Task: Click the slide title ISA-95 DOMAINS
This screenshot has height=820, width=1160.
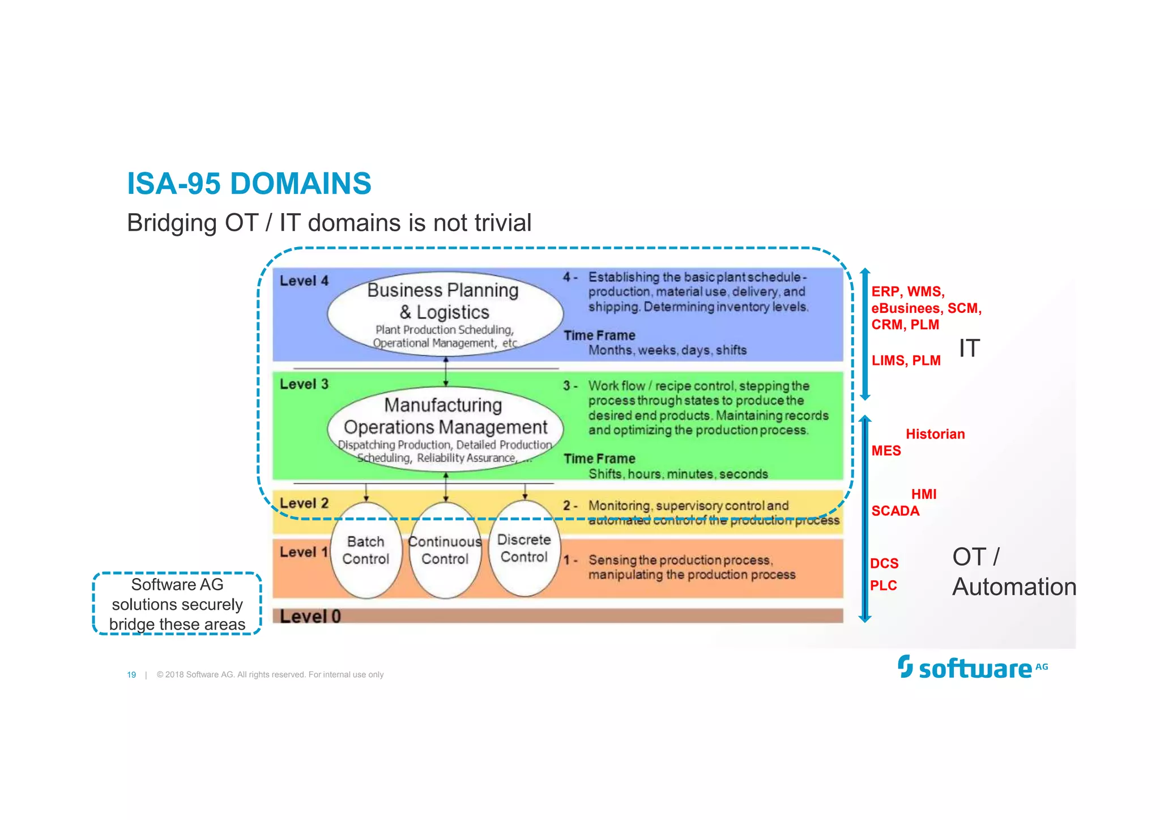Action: coord(249,184)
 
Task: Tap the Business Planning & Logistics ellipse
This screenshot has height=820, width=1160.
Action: coord(444,313)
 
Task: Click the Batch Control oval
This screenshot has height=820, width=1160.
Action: coord(365,550)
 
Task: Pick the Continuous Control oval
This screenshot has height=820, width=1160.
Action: coord(445,550)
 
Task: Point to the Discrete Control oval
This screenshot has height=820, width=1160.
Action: coord(524,548)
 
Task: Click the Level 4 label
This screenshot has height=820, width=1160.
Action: coord(304,281)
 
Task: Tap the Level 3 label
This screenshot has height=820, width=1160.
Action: coord(304,384)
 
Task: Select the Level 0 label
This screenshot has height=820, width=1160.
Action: coord(310,616)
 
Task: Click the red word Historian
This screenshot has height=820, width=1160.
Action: coord(935,434)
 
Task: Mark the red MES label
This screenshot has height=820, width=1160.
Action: coord(886,451)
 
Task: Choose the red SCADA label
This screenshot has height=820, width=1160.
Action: coord(895,511)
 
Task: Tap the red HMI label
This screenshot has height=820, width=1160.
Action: coord(923,494)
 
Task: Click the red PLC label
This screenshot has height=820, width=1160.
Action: coord(884,585)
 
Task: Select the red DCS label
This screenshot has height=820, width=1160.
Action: coord(884,563)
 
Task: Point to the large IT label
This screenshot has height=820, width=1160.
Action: coord(969,348)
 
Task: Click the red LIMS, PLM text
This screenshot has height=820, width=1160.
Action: coord(906,360)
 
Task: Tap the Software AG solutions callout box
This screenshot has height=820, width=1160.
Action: coord(177,604)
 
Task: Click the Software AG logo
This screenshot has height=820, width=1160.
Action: coord(973,668)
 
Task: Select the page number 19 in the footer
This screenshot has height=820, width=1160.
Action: coord(131,674)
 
